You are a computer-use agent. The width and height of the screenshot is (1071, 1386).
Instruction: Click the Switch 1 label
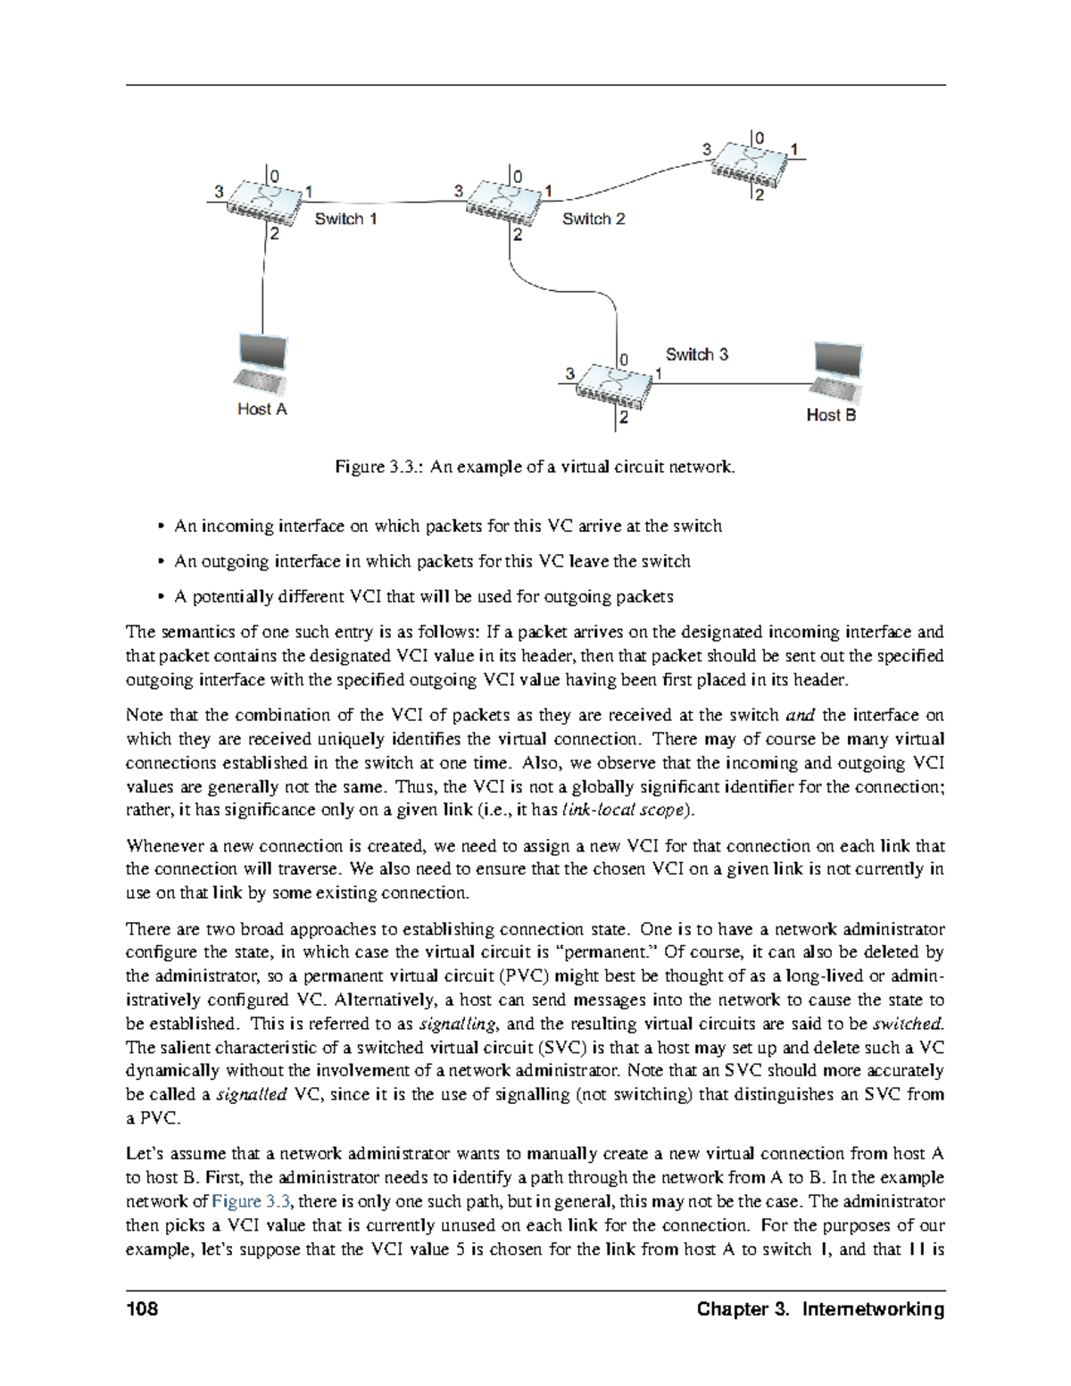pyautogui.click(x=345, y=219)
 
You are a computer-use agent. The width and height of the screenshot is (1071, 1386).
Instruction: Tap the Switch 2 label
pyautogui.click(x=594, y=219)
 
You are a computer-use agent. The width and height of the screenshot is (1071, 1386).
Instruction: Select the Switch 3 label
pyautogui.click(x=696, y=354)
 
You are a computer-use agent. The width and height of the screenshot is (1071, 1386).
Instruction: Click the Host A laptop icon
pyautogui.click(x=262, y=364)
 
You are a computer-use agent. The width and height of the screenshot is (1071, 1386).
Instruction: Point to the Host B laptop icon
pyautogui.click(x=838, y=372)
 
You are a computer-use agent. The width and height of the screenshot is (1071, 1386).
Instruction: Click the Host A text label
pyautogui.click(x=262, y=409)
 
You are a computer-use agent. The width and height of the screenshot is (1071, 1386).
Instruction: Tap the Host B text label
pyautogui.click(x=831, y=415)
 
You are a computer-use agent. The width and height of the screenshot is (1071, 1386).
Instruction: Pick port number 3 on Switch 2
pyautogui.click(x=459, y=191)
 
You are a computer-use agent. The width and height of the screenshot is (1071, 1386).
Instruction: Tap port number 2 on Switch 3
pyautogui.click(x=623, y=417)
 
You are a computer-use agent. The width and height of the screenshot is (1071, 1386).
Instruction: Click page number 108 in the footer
pyautogui.click(x=143, y=1309)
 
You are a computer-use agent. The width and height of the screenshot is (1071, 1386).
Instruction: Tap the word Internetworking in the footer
pyautogui.click(x=873, y=1309)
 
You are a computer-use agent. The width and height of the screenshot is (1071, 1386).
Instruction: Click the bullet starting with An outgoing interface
pyautogui.click(x=432, y=561)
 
